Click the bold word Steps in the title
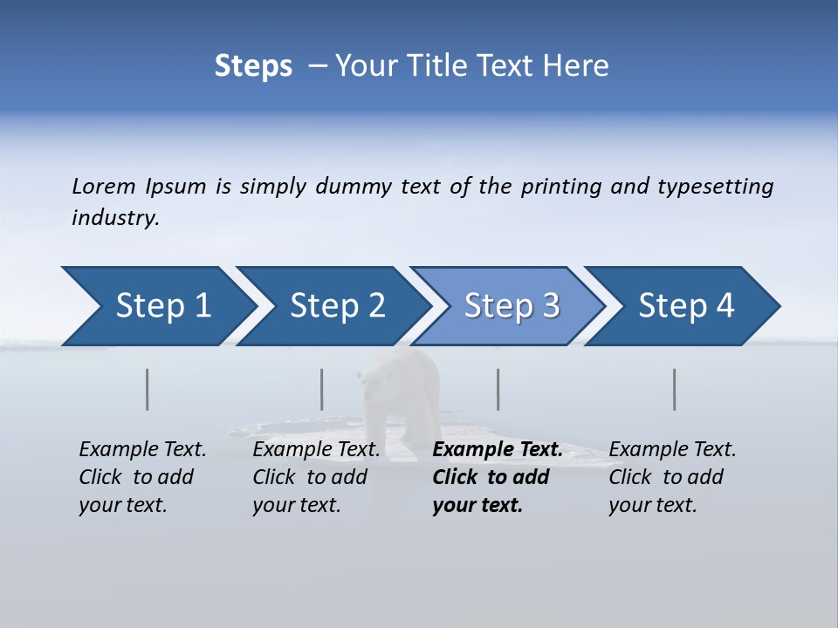pyautogui.click(x=253, y=66)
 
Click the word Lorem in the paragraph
pyautogui.click(x=104, y=187)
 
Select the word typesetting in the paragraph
pyautogui.click(x=715, y=187)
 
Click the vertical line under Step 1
pyautogui.click(x=148, y=389)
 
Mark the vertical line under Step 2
pyautogui.click(x=322, y=389)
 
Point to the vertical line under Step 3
pyautogui.click(x=498, y=389)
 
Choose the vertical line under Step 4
pyautogui.click(x=675, y=389)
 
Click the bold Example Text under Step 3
pyautogui.click(x=498, y=450)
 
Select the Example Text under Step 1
pyautogui.click(x=142, y=450)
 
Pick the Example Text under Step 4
pyautogui.click(x=672, y=450)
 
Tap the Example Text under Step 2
pyautogui.click(x=316, y=450)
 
